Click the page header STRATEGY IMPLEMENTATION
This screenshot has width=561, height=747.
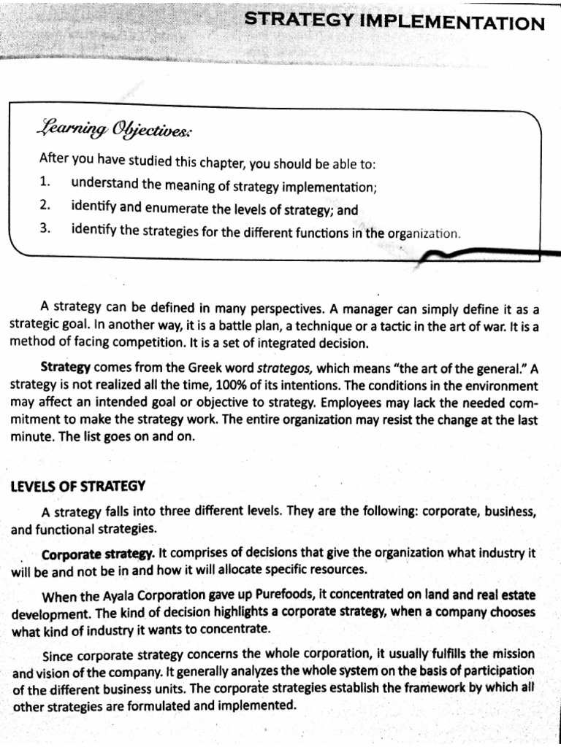(x=394, y=23)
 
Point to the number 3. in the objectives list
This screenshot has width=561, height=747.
(x=45, y=231)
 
